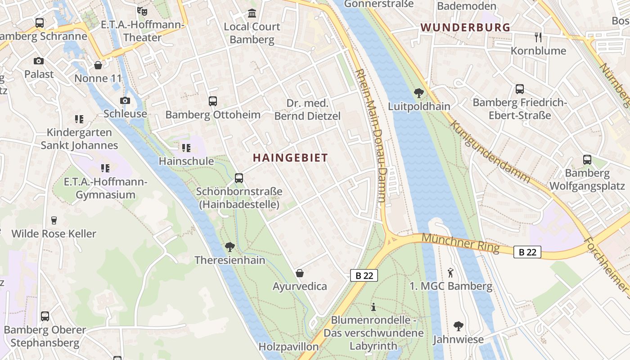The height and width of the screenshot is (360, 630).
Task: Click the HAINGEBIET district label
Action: point(290,158)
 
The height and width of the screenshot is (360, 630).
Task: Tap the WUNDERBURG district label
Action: point(465,27)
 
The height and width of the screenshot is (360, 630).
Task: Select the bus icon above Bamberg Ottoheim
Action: point(213,101)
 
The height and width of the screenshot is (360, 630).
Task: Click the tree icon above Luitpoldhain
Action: point(419,93)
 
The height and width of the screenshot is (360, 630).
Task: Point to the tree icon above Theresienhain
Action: point(230,247)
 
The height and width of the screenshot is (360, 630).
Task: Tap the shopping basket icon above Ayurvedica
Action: point(300,273)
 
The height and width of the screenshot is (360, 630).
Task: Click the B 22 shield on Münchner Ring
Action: point(527,252)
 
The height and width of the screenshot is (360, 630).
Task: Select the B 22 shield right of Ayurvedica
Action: point(364,275)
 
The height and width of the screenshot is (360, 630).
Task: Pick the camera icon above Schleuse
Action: point(125,100)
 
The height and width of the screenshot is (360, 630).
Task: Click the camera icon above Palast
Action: point(39,61)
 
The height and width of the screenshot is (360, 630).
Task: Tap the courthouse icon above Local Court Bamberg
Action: point(252,13)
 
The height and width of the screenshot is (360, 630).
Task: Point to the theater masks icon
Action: point(142,10)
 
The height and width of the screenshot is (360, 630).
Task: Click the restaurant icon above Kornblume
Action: point(538,37)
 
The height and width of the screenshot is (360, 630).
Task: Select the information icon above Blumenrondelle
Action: point(373,307)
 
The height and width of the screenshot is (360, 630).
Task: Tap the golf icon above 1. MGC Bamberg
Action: point(451,272)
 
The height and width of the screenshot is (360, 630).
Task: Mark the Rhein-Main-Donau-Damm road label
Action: point(371,137)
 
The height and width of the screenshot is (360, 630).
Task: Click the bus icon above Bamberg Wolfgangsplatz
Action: point(587,160)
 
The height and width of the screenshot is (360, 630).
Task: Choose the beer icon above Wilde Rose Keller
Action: point(54,220)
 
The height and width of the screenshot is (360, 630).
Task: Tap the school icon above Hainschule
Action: point(186,148)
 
